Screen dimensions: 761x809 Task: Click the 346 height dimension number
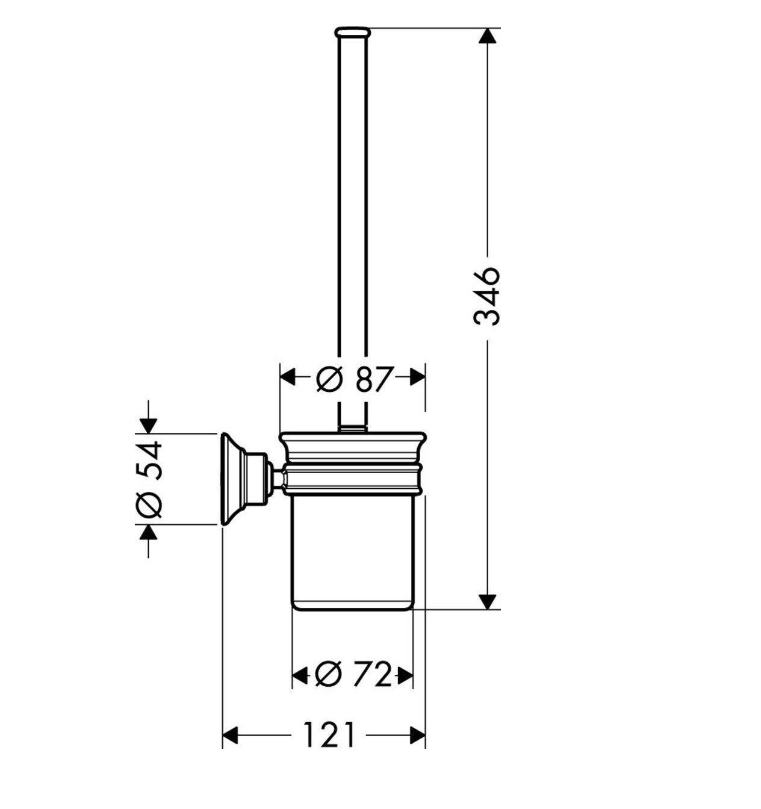[x=486, y=296]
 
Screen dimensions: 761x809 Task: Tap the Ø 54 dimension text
[x=149, y=480]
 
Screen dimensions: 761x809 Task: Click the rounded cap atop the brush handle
[x=353, y=33]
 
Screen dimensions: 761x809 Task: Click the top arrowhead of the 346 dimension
[x=488, y=36]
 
